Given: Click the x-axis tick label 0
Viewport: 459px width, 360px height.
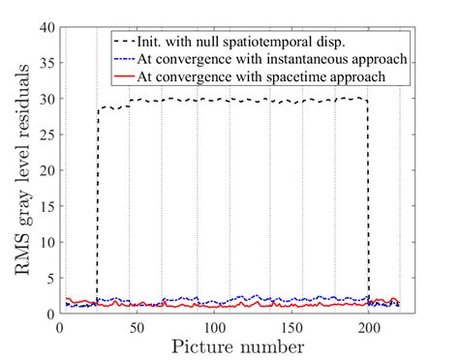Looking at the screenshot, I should click(x=60, y=327).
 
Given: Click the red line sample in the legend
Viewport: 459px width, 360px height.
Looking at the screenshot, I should click(x=133, y=74).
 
